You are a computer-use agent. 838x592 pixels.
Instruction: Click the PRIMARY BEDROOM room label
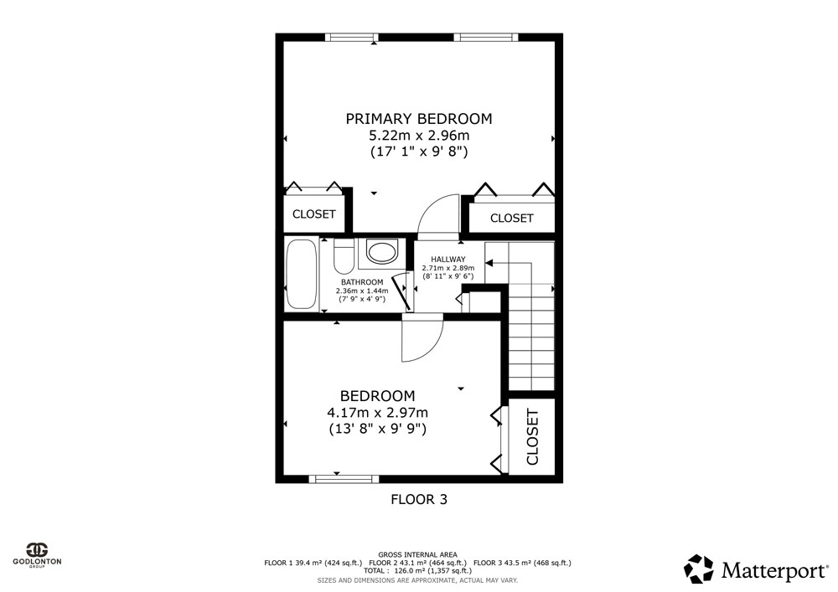418,119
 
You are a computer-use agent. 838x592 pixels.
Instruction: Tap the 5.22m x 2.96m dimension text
419,135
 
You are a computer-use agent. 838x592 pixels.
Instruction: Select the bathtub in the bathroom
301,275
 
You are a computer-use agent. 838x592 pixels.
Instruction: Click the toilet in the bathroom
344,255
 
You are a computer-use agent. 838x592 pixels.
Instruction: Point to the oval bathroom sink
381,253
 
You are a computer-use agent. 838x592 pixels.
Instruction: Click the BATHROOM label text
362,282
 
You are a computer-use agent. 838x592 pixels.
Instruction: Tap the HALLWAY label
447,260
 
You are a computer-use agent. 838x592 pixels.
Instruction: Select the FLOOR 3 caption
419,500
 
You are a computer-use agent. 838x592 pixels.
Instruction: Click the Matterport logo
756,569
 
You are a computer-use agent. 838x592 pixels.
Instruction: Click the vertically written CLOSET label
532,436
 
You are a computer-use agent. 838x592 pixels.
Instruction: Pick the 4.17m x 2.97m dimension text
377,413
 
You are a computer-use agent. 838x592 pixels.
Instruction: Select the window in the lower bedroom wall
344,479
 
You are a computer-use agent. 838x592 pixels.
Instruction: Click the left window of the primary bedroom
351,38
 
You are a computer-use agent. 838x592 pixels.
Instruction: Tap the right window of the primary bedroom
486,38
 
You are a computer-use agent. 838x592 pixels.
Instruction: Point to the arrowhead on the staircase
489,263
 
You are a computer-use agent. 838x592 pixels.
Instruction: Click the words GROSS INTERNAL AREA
417,555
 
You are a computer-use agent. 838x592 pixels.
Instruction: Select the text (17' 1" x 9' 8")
419,152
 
